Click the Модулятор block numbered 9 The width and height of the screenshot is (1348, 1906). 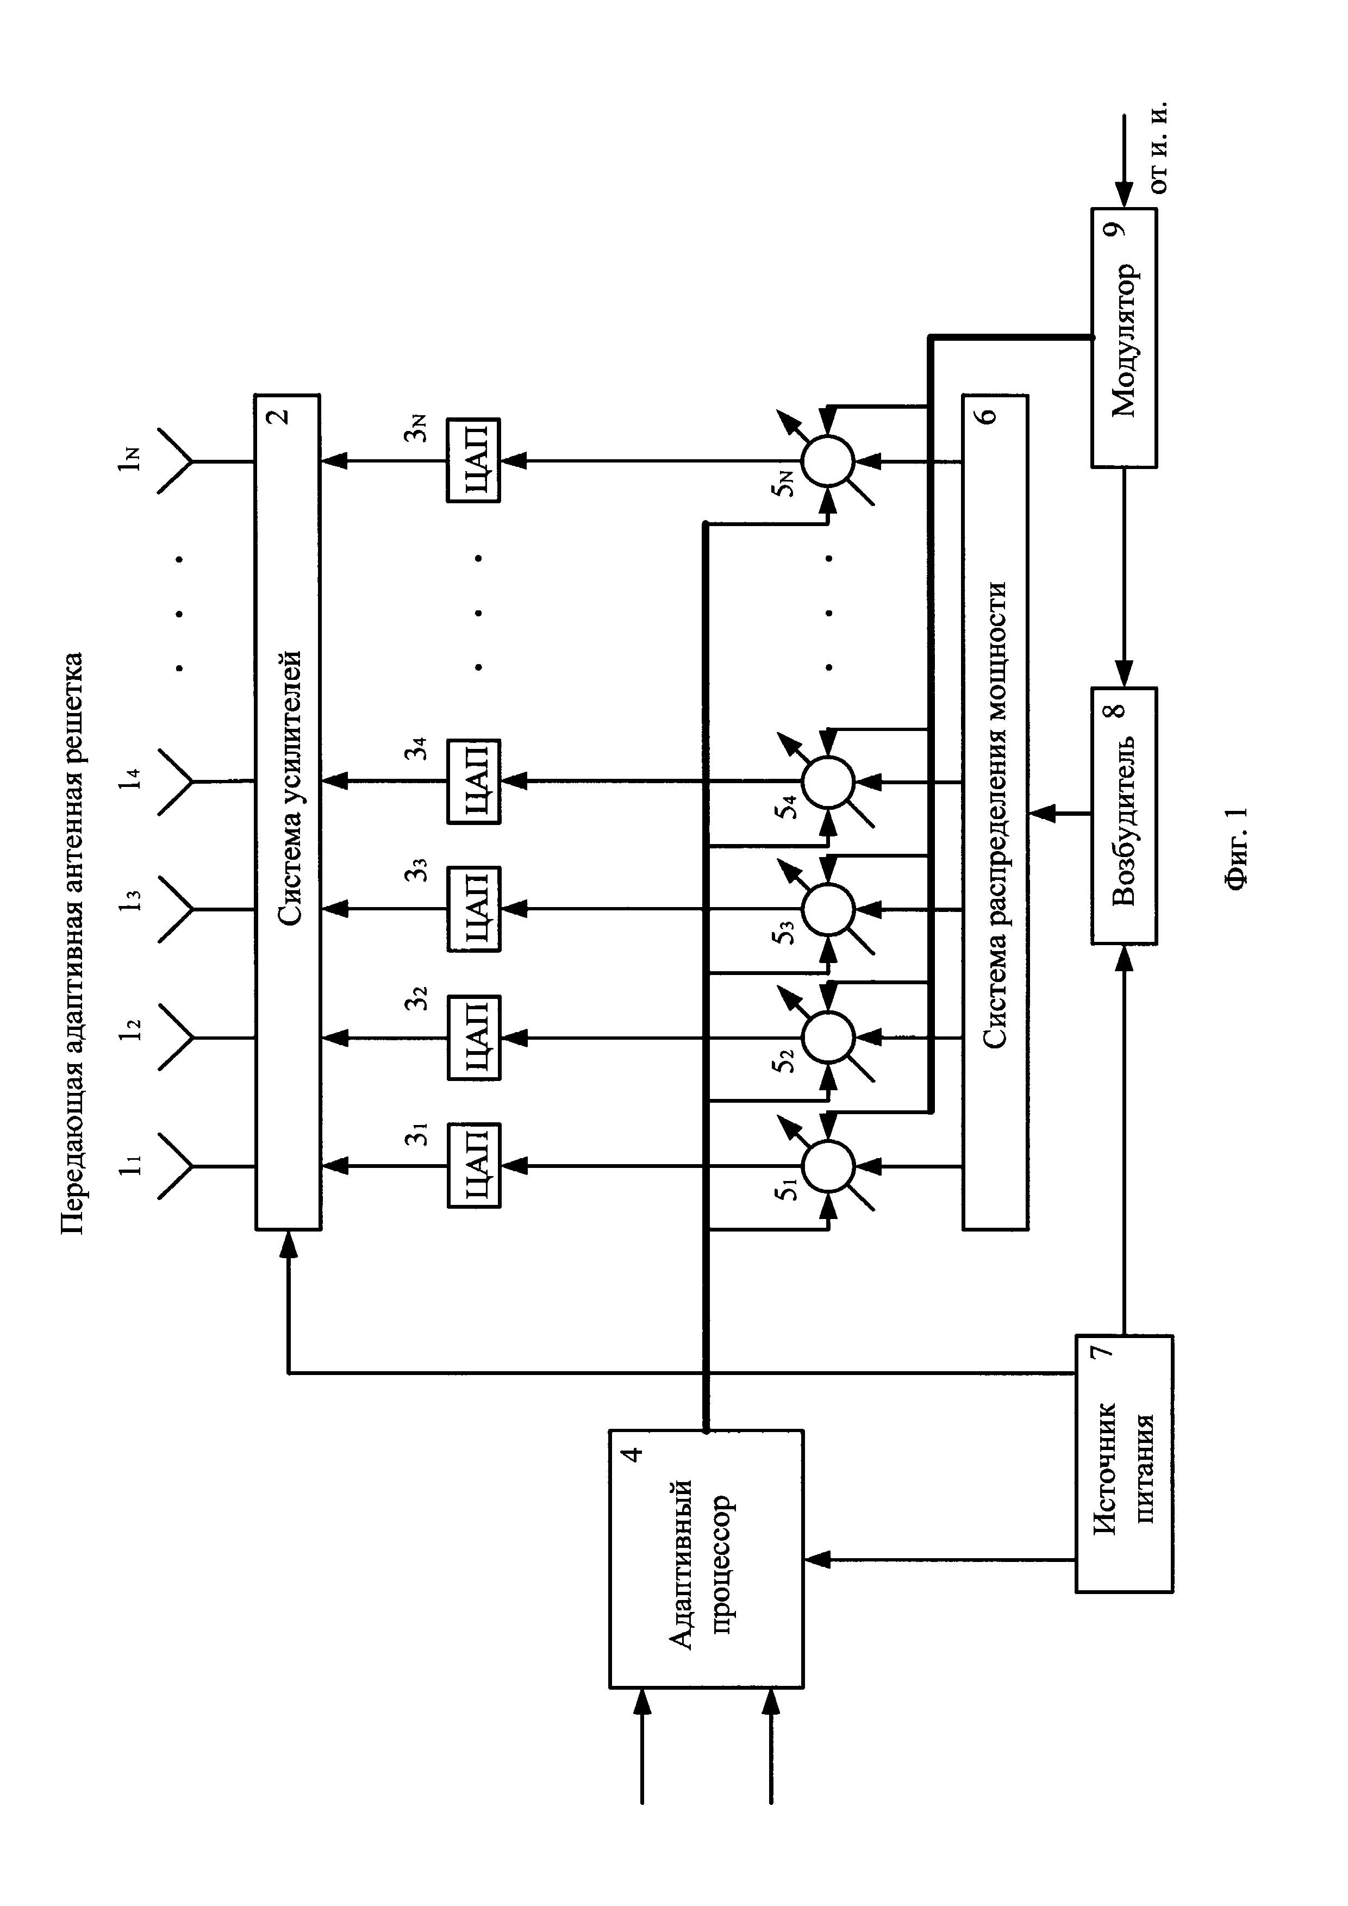(x=1124, y=338)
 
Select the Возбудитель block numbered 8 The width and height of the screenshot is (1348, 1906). (x=1124, y=815)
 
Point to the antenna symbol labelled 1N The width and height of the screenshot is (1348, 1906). (x=175, y=460)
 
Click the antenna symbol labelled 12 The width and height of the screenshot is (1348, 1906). (x=175, y=1038)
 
